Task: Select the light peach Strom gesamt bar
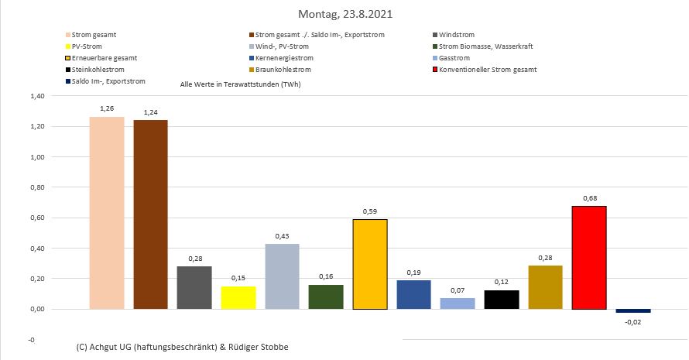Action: point(107,213)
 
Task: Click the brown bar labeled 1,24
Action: point(150,214)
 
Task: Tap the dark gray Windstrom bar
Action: point(194,287)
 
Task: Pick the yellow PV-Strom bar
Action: point(238,297)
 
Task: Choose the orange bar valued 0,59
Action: point(370,264)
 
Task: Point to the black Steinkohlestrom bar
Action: point(502,300)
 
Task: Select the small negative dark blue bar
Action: point(633,310)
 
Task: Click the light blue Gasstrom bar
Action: point(458,303)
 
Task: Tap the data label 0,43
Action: point(282,236)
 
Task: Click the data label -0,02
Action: point(633,321)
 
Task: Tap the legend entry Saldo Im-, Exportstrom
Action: point(108,81)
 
